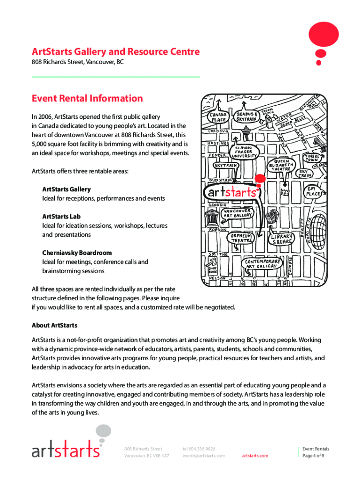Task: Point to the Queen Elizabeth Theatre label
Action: pyautogui.click(x=281, y=165)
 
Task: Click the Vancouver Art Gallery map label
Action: pyautogui.click(x=237, y=213)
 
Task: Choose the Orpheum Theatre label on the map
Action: pyautogui.click(x=241, y=238)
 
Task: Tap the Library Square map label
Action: pyautogui.click(x=282, y=239)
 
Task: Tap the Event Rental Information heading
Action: pyautogui.click(x=87, y=98)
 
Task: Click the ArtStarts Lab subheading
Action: pyautogui.click(x=61, y=217)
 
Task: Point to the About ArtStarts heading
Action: pyautogui.click(x=54, y=325)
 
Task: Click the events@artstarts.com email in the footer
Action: pyautogui.click(x=203, y=456)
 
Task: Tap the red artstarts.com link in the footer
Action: pyautogui.click(x=255, y=456)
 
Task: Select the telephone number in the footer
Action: pyautogui.click(x=199, y=449)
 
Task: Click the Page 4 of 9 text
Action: pyautogui.click(x=313, y=456)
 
